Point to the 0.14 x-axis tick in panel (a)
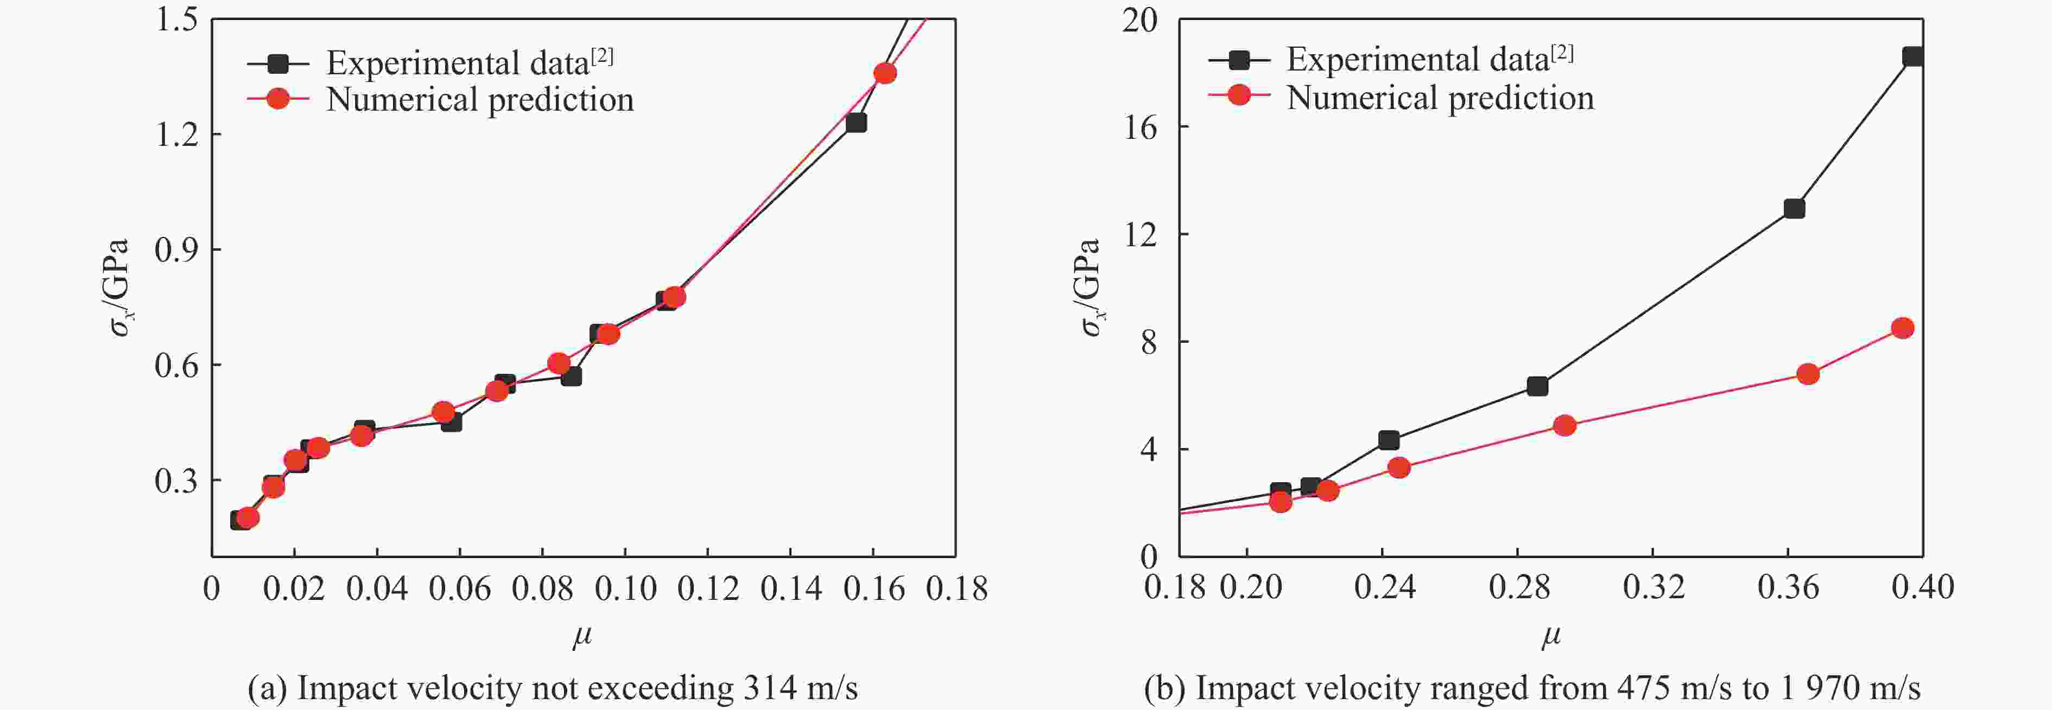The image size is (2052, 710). pyautogui.click(x=790, y=589)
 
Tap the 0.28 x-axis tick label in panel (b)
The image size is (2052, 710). pyautogui.click(x=1519, y=587)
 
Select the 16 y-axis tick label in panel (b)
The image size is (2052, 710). pyautogui.click(x=1140, y=127)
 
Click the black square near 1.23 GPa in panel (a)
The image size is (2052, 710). pyautogui.click(x=856, y=123)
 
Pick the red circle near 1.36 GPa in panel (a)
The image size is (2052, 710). pyautogui.click(x=885, y=73)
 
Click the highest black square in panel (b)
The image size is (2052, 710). pyautogui.click(x=1912, y=56)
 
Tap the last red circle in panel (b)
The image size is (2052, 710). pyautogui.click(x=1902, y=328)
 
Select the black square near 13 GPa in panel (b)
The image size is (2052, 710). pyautogui.click(x=1794, y=208)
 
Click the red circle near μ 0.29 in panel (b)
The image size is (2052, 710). pyautogui.click(x=1565, y=425)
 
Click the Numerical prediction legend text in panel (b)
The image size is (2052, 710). pyautogui.click(x=1440, y=98)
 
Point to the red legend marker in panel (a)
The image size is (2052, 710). pyautogui.click(x=277, y=99)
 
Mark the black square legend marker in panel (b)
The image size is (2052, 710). pyautogui.click(x=1239, y=59)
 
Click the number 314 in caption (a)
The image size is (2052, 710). pyautogui.click(x=770, y=688)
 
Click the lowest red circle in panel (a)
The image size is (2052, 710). pyautogui.click(x=247, y=517)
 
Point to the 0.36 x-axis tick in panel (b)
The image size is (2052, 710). pyautogui.click(x=1788, y=587)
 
